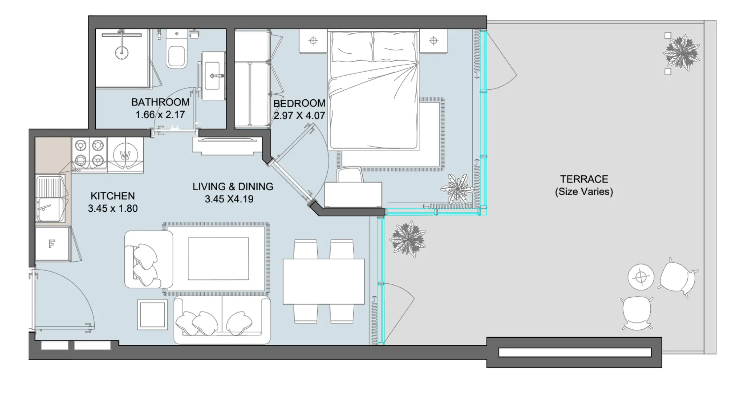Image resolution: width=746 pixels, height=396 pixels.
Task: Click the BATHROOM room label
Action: tap(160, 102)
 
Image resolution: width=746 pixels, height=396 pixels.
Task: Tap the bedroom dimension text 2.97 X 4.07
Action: tap(299, 116)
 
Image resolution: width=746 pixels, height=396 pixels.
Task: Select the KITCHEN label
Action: tap(113, 196)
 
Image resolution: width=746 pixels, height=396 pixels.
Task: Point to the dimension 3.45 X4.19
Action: tap(229, 199)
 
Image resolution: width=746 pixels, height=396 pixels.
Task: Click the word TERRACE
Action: tap(584, 179)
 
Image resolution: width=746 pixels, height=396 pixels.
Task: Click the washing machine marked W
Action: tap(125, 156)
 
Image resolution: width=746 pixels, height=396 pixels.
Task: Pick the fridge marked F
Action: tap(52, 244)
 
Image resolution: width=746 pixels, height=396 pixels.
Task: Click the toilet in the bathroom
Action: tap(176, 54)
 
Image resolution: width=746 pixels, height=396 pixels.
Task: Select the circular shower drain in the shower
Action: tap(122, 53)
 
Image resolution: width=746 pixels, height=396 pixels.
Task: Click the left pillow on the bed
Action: tap(351, 47)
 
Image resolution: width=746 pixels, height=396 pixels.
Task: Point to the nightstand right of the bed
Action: tap(434, 41)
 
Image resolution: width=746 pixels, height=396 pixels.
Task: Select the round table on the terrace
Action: tap(641, 277)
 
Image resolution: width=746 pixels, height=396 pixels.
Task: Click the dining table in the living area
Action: tap(323, 282)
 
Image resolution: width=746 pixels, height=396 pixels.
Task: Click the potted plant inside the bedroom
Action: tap(457, 189)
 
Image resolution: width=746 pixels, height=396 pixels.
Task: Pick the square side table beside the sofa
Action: tap(153, 314)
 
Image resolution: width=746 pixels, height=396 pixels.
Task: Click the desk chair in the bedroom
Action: tap(350, 175)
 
